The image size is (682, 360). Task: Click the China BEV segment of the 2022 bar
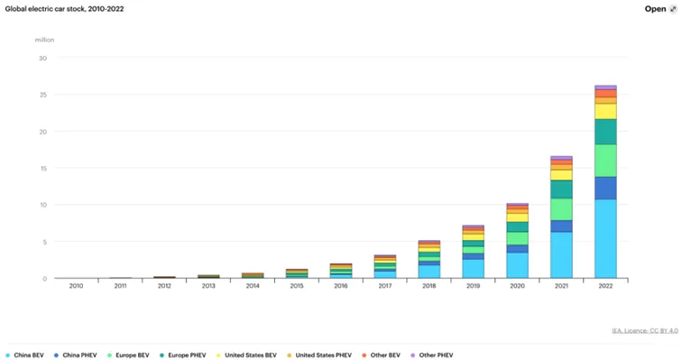click(605, 239)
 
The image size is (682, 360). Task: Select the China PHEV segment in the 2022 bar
click(605, 189)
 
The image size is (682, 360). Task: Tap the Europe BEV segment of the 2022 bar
click(605, 161)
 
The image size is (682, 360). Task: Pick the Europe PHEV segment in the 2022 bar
click(605, 132)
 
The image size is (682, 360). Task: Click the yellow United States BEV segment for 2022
click(605, 111)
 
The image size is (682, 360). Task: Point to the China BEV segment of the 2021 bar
click(561, 254)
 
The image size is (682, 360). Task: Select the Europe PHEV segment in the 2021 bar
click(561, 189)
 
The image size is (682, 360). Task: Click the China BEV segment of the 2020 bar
click(517, 265)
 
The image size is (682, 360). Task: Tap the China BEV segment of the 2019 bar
click(473, 269)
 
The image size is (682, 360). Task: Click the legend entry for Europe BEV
click(128, 355)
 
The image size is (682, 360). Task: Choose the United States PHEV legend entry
click(319, 355)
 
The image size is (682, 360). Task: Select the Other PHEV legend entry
click(432, 355)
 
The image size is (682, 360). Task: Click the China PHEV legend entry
click(75, 355)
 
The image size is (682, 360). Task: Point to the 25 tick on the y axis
click(42, 95)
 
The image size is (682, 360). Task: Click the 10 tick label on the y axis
click(42, 205)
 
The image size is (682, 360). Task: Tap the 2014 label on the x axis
click(253, 286)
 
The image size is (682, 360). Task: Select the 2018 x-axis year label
click(429, 286)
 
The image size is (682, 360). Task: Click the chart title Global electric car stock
click(64, 9)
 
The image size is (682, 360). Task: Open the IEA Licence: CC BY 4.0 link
click(645, 331)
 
